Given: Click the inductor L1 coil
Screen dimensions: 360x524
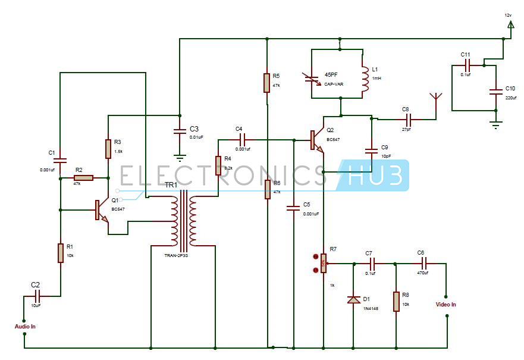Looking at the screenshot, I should (x=365, y=74).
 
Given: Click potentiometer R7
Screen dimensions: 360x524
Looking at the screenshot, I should (x=323, y=262).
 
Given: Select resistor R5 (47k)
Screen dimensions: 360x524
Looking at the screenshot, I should (x=267, y=83).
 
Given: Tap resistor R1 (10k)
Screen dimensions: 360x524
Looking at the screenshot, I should (x=61, y=253).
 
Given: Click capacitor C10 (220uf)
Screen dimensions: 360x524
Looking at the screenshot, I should (x=495, y=92).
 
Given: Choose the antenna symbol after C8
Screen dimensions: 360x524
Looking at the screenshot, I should (x=435, y=99).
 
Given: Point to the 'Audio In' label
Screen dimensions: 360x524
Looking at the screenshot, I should (x=25, y=326).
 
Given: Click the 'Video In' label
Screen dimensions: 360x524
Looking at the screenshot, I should (x=445, y=305).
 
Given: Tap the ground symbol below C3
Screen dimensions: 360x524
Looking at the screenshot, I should (x=178, y=158).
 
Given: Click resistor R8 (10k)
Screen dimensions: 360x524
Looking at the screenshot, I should (x=396, y=301).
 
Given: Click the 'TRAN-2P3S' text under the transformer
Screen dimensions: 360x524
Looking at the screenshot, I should (x=176, y=255).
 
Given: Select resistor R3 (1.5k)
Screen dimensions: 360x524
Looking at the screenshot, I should (x=108, y=148).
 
